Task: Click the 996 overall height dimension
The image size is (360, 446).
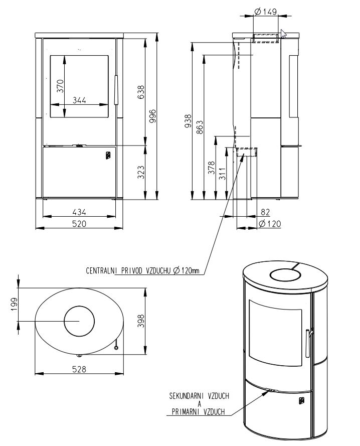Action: pos(152,116)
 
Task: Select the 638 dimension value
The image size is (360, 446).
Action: pos(141,92)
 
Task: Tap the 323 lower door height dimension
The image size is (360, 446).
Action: pos(141,172)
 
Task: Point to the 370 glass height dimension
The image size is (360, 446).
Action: pos(60,86)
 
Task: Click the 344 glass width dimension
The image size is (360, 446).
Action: pos(79,100)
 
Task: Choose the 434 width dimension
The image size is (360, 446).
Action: pos(79,212)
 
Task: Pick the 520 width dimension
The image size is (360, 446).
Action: pos(79,224)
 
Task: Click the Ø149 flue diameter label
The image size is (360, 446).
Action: pos(266,12)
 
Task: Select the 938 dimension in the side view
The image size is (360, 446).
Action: pos(188,121)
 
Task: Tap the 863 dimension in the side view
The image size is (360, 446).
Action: pos(200,127)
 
